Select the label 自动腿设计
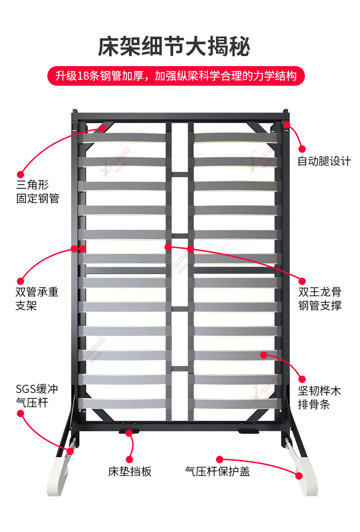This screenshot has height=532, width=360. (x=324, y=161)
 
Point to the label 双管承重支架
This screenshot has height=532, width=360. (x=37, y=299)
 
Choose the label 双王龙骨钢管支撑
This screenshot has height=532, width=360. (x=320, y=299)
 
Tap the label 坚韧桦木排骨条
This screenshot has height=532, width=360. (x=319, y=398)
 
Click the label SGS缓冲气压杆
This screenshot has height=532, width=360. (x=37, y=396)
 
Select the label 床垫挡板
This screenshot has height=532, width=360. (x=130, y=471)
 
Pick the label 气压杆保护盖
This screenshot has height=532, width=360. (x=218, y=471)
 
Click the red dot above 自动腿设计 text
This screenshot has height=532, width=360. (x=301, y=149)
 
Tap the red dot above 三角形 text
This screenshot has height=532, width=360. (x=20, y=174)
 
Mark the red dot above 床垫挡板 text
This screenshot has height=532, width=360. (x=129, y=459)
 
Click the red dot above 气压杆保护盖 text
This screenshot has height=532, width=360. (x=220, y=459)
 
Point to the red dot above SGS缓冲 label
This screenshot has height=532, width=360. (x=20, y=413)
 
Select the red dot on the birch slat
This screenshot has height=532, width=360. (x=264, y=354)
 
